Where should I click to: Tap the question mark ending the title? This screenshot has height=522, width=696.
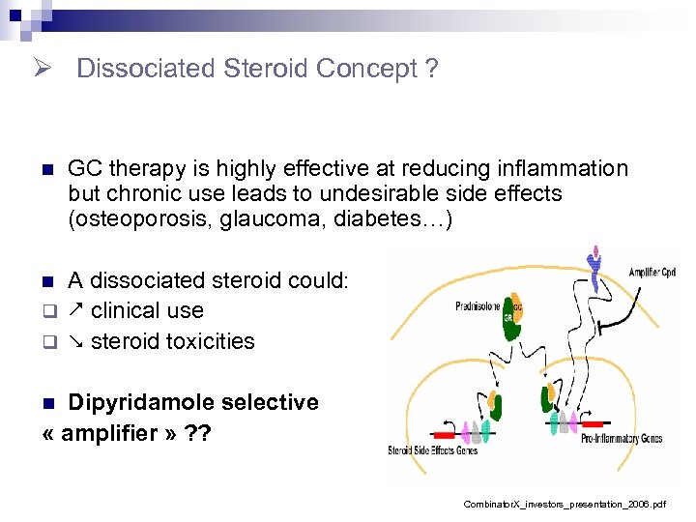click(x=431, y=70)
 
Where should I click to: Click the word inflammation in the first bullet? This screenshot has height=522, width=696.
click(x=556, y=168)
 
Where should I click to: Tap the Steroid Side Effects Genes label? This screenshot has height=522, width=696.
click(x=431, y=450)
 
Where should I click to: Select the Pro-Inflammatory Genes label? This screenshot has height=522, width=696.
click(x=621, y=439)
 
